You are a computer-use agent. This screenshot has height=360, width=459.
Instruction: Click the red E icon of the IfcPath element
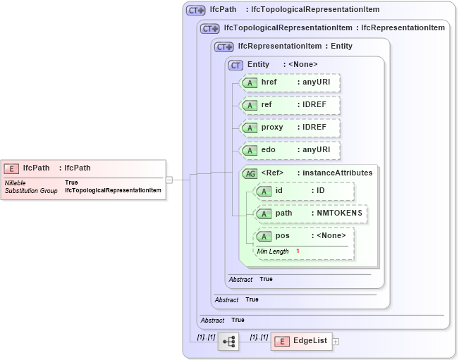pos(11,168)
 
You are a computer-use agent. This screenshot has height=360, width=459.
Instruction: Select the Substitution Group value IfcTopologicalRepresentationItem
pos(113,190)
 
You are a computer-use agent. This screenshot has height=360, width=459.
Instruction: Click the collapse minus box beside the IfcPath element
pos(169,180)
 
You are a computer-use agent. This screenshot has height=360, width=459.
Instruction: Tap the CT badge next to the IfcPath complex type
pos(195,10)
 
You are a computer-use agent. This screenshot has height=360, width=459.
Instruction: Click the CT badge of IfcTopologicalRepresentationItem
pos(209,28)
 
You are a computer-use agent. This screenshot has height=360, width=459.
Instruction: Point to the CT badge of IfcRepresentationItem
pos(224,46)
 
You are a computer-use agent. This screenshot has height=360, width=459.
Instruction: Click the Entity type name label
pos(258,64)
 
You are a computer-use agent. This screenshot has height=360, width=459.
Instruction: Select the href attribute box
pos(290,82)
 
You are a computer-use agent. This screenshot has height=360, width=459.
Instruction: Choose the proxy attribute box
pos(290,128)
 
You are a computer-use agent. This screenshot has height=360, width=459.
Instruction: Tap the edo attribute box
pos(290,150)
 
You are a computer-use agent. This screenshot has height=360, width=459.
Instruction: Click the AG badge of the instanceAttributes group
pos(250,173)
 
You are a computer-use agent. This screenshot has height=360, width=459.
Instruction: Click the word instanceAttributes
pos(335,173)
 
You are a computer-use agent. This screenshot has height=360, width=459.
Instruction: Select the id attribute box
pos(304,191)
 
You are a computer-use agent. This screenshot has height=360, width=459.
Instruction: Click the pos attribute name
pos(282,236)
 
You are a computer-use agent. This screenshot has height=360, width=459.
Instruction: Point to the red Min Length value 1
pos(298,252)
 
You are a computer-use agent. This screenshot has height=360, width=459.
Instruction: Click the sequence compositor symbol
pos(228,342)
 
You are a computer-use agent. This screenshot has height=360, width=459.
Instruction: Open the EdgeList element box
pos(301,341)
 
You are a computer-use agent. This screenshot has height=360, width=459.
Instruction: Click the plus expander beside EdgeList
pos(336,342)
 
